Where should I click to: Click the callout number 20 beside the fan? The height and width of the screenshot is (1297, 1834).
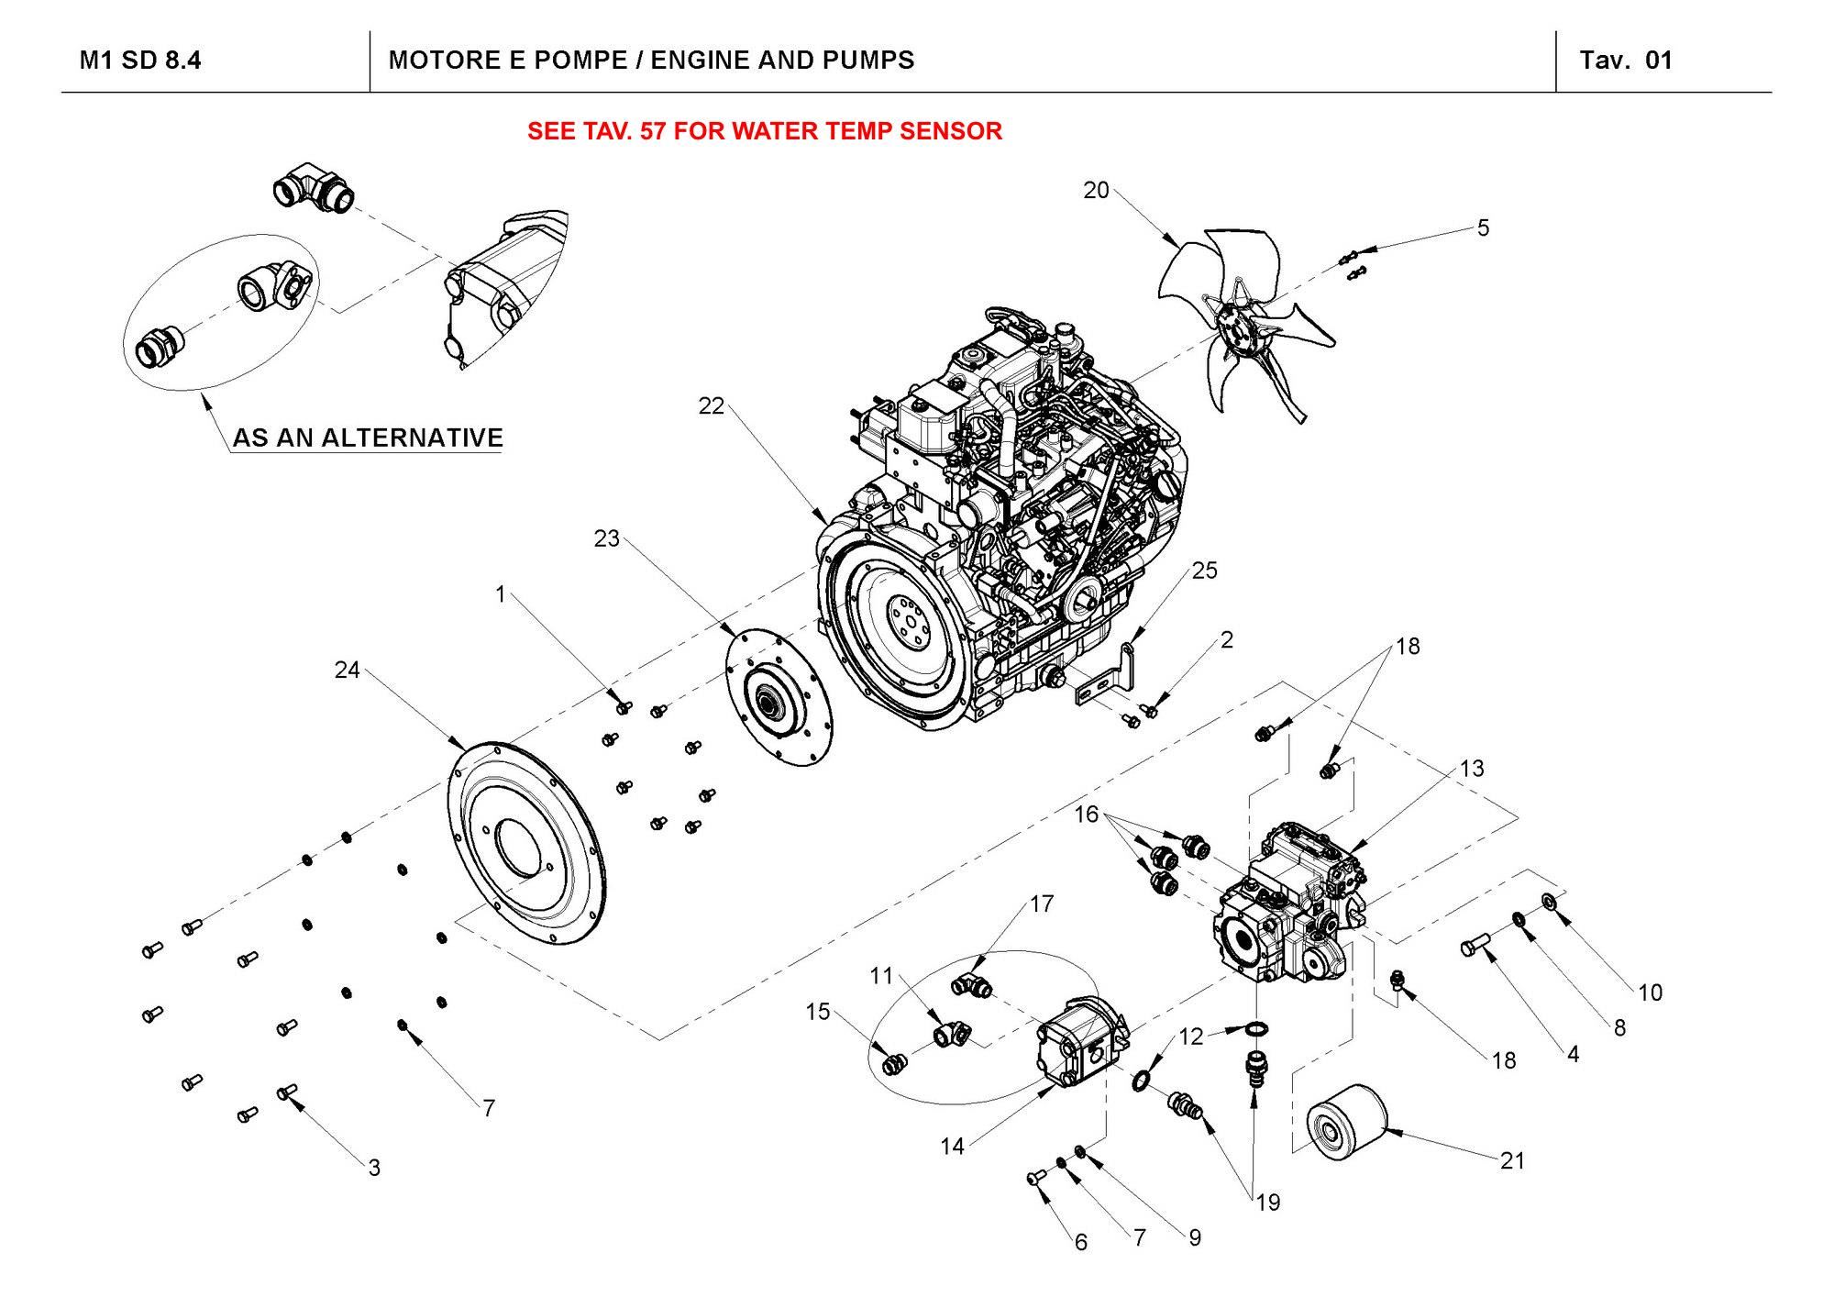(1096, 191)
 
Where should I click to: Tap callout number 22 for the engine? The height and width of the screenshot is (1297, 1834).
(711, 405)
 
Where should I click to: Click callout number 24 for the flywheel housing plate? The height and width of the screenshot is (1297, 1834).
(347, 671)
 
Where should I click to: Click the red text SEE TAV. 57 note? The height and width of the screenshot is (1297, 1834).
(764, 131)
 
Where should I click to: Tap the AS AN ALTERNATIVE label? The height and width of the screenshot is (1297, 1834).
(368, 438)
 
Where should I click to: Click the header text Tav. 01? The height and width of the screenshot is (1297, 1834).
(1626, 61)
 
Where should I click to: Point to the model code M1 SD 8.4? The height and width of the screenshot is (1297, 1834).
(140, 61)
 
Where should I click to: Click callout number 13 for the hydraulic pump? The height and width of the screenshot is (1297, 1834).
(1472, 768)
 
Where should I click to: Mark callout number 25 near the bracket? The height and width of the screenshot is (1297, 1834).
(1204, 571)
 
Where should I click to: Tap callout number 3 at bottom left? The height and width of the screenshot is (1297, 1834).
(374, 1168)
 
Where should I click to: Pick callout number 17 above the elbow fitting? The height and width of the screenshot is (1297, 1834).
(1042, 904)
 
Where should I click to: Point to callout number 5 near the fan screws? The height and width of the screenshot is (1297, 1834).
(1483, 227)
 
